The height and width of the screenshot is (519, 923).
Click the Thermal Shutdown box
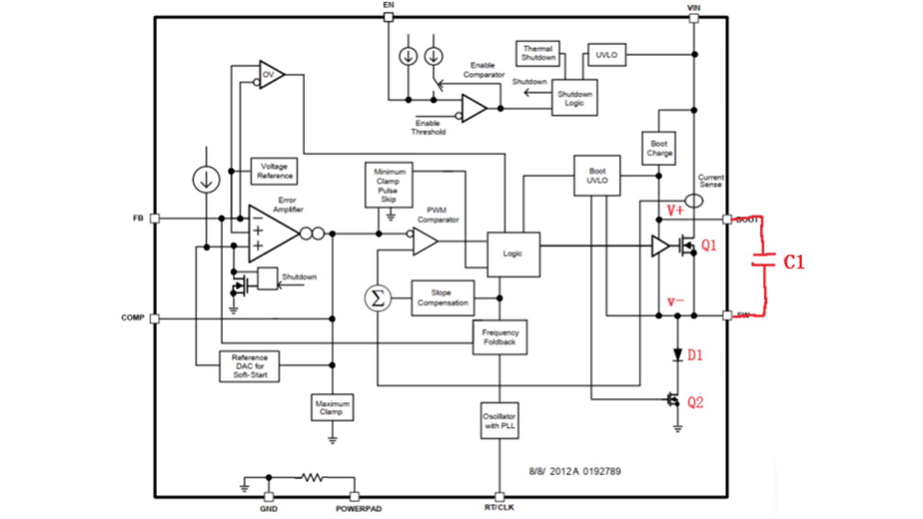tap(537, 53)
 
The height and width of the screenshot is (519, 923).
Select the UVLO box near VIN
tap(606, 55)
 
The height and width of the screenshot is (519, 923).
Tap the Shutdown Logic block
tap(574, 98)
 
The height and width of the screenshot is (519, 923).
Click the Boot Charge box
tap(659, 148)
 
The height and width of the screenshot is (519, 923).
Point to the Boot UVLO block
tap(597, 175)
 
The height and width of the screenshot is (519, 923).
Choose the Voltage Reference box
tap(274, 171)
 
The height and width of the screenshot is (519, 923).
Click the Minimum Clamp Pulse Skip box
tap(388, 185)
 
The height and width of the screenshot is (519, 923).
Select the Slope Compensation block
tap(442, 298)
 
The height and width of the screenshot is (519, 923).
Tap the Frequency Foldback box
tap(499, 337)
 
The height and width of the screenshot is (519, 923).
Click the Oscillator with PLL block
tap(499, 420)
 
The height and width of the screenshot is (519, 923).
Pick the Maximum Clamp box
tap(332, 408)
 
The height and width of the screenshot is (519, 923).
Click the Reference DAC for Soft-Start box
tap(249, 366)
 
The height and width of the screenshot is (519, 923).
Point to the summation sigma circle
tap(378, 298)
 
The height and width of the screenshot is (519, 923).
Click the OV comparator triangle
tap(270, 75)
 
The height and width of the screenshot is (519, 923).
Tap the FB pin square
tap(155, 219)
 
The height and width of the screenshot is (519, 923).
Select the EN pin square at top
tap(388, 18)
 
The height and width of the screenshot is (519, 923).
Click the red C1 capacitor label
tap(794, 262)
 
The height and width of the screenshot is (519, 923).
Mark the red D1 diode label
tap(695, 355)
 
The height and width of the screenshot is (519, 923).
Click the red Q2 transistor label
tap(695, 402)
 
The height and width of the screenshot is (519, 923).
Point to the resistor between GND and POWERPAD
tap(312, 478)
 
